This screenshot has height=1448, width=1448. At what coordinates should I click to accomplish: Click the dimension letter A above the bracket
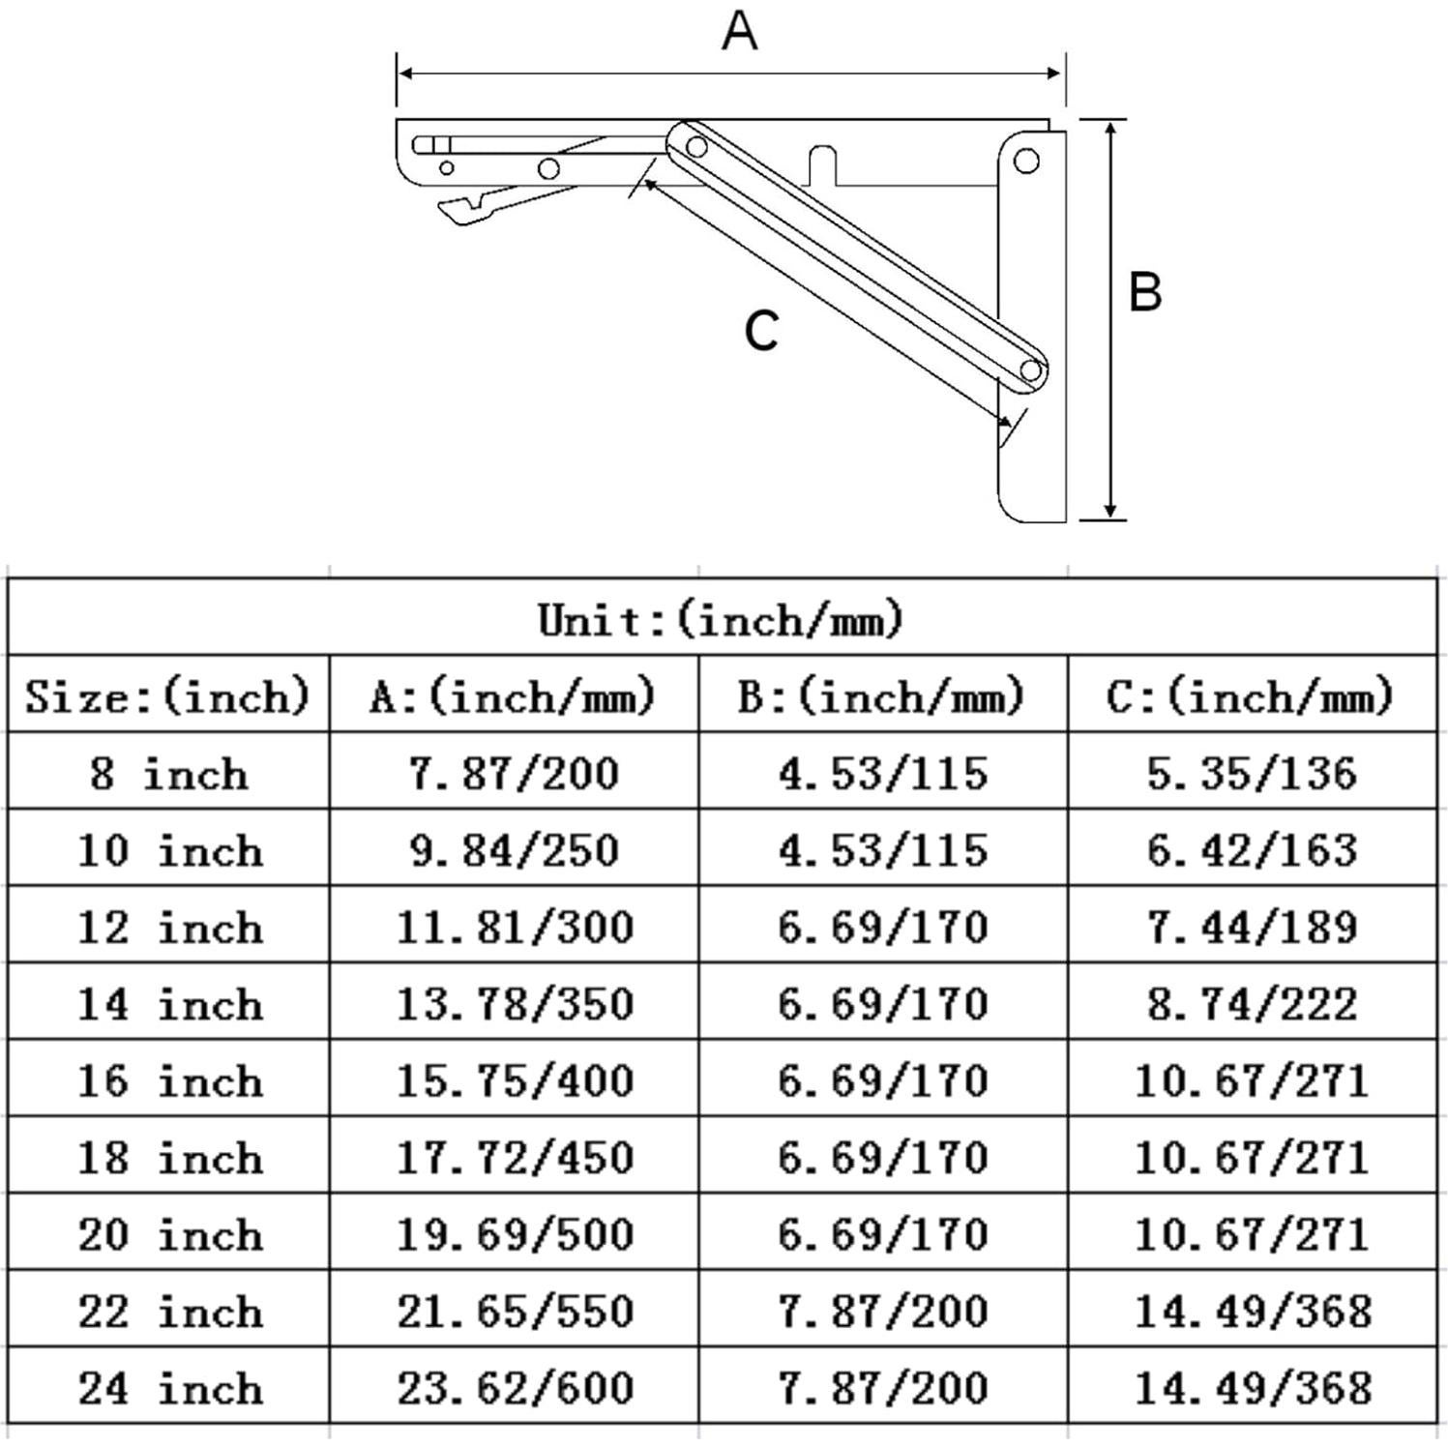(x=739, y=31)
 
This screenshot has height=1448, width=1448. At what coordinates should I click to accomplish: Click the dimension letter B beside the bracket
(x=1145, y=291)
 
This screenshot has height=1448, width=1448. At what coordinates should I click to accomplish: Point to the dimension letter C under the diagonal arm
(x=761, y=331)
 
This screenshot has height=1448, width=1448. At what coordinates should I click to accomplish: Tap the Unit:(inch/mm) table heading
(x=721, y=619)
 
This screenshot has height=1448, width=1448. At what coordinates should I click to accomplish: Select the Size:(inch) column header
(x=167, y=696)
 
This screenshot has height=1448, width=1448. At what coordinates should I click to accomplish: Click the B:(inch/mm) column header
(x=881, y=696)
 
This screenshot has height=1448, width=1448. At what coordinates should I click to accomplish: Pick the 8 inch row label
(x=167, y=774)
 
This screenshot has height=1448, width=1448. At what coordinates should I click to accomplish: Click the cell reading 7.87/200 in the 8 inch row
(x=513, y=774)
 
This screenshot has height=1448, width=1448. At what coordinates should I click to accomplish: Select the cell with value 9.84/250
(x=513, y=850)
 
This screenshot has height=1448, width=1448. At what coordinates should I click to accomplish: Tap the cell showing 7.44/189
(x=1252, y=928)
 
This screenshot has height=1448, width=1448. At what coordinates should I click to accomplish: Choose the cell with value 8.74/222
(x=1252, y=1004)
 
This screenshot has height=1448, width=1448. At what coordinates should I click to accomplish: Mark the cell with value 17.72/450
(x=515, y=1158)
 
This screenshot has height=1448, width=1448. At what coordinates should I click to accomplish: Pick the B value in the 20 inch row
(x=882, y=1234)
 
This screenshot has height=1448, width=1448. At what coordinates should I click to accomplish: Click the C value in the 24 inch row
(x=1253, y=1388)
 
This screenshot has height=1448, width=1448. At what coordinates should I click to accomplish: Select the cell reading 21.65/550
(x=515, y=1312)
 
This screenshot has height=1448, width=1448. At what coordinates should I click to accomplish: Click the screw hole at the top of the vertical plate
(x=1026, y=161)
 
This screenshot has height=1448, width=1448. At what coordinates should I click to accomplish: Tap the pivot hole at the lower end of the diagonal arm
(x=1031, y=370)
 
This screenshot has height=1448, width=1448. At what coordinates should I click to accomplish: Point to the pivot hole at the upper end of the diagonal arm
(x=695, y=147)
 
